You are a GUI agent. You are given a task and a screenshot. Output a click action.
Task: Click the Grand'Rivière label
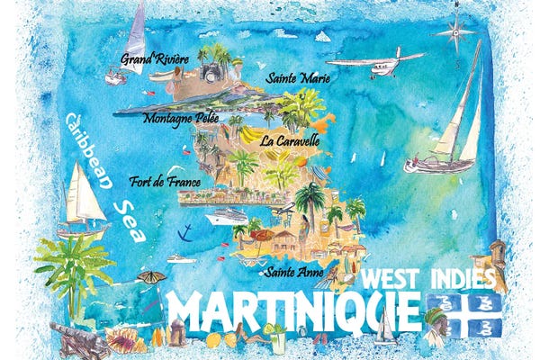pos(156,58)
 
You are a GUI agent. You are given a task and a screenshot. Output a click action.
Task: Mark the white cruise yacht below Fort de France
pos(226,217)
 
